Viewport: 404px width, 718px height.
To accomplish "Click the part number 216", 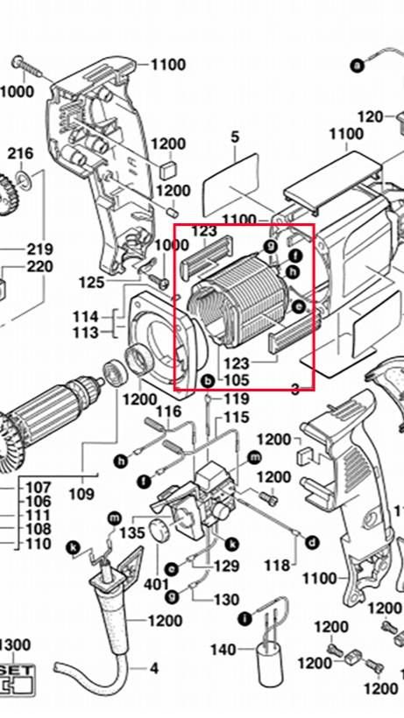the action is click(21, 154).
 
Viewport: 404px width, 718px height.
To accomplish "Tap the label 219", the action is click(39, 250).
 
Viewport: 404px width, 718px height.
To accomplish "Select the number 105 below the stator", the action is click(237, 380).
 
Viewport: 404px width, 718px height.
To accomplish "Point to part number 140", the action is click(223, 650).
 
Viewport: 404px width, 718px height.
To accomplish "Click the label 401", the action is click(156, 584).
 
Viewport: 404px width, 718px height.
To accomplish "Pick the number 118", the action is click(278, 566).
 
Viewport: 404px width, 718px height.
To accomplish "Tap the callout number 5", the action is click(235, 137).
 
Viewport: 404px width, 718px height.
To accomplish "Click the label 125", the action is click(91, 282).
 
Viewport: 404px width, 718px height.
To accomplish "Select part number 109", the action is click(82, 494).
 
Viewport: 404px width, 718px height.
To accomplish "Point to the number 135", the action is click(132, 533).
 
